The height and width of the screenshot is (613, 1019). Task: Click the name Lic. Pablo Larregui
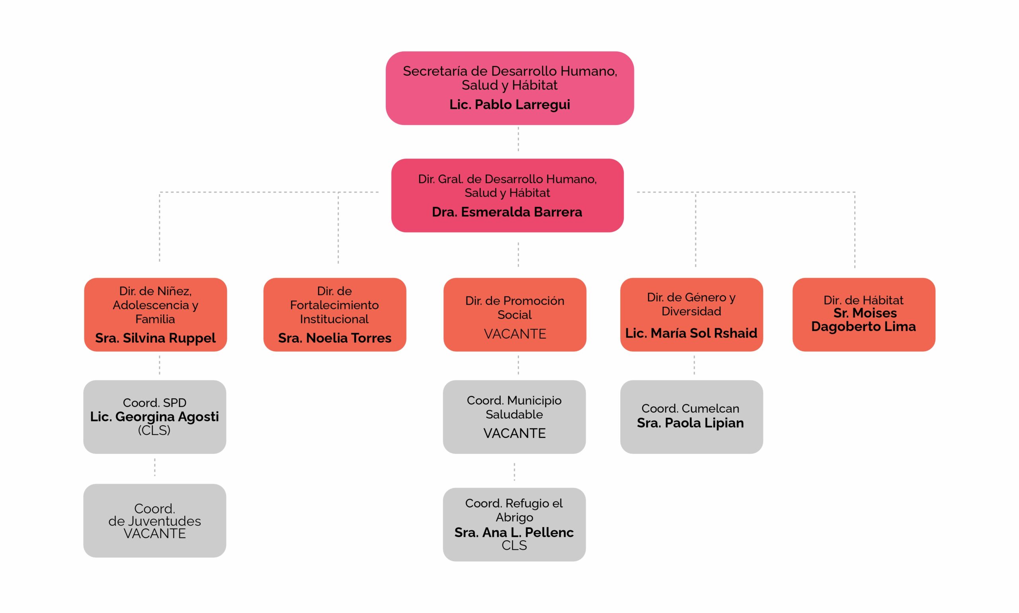[x=509, y=105]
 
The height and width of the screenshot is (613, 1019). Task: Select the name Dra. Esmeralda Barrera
[x=507, y=212]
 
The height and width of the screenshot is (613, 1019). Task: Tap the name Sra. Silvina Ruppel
[x=155, y=338]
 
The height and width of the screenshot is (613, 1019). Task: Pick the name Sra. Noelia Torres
[x=334, y=338]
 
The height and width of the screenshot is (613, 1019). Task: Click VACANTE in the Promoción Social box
[x=514, y=334]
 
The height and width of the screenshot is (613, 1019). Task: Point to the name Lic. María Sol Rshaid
[x=691, y=333]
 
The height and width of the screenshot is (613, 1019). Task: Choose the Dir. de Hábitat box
[x=863, y=314]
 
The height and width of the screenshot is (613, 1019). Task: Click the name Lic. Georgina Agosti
[x=154, y=416]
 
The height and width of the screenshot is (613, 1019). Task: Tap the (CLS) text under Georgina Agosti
[x=154, y=430]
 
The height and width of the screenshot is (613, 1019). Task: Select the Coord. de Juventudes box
[x=154, y=520]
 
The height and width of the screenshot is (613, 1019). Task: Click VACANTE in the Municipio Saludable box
[x=514, y=433]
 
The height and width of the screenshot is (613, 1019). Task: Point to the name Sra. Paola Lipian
[x=690, y=423]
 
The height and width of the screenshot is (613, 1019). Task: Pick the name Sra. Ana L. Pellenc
[x=513, y=533]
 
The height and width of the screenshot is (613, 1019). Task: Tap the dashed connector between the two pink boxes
[x=518, y=139]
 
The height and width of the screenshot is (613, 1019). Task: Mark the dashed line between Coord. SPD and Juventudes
[x=154, y=467]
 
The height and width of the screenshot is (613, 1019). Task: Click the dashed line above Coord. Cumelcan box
[x=694, y=365]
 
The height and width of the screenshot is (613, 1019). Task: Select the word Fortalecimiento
[x=334, y=305]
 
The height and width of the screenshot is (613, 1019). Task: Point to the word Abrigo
[x=514, y=517]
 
